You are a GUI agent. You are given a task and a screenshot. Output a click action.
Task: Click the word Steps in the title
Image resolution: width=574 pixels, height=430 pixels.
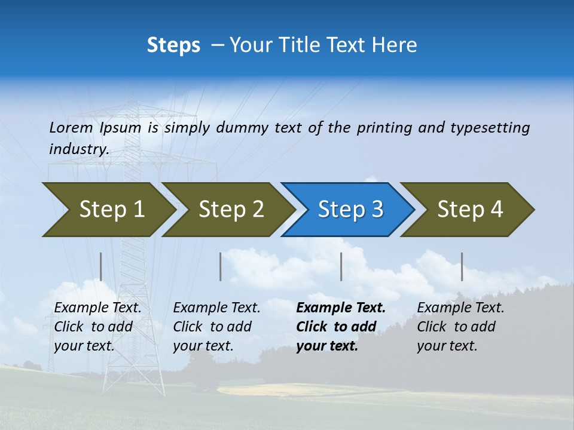click(x=173, y=45)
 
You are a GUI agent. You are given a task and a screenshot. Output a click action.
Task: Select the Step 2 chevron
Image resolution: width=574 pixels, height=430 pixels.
click(x=230, y=210)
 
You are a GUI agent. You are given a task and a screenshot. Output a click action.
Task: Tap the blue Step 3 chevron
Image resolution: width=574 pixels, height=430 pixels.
click(x=349, y=210)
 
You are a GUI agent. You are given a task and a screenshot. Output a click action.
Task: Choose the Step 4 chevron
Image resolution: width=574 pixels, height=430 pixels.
click(x=469, y=210)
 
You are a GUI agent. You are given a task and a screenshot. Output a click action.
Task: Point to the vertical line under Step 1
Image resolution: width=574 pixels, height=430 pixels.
click(x=101, y=266)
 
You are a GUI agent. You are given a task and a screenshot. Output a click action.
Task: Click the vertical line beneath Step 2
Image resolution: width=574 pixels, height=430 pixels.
click(x=221, y=266)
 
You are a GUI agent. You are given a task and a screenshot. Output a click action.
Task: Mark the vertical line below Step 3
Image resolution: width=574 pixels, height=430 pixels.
click(x=341, y=266)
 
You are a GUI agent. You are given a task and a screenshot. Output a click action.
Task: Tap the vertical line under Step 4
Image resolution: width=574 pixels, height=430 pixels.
click(x=462, y=266)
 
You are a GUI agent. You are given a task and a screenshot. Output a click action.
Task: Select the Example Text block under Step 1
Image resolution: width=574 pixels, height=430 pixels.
click(x=97, y=327)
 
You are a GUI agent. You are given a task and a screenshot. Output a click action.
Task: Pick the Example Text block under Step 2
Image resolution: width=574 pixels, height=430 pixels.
click(x=216, y=327)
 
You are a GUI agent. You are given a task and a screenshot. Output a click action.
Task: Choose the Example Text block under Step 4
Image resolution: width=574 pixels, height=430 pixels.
click(x=460, y=327)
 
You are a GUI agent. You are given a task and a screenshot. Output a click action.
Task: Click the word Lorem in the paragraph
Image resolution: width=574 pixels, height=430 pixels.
click(x=71, y=128)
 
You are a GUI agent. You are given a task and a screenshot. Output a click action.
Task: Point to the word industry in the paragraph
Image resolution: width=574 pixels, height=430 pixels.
click(x=78, y=149)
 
